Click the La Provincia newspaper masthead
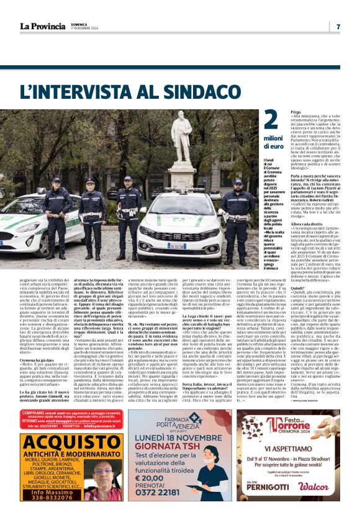pos(42,26)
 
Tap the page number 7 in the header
pos(338,27)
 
